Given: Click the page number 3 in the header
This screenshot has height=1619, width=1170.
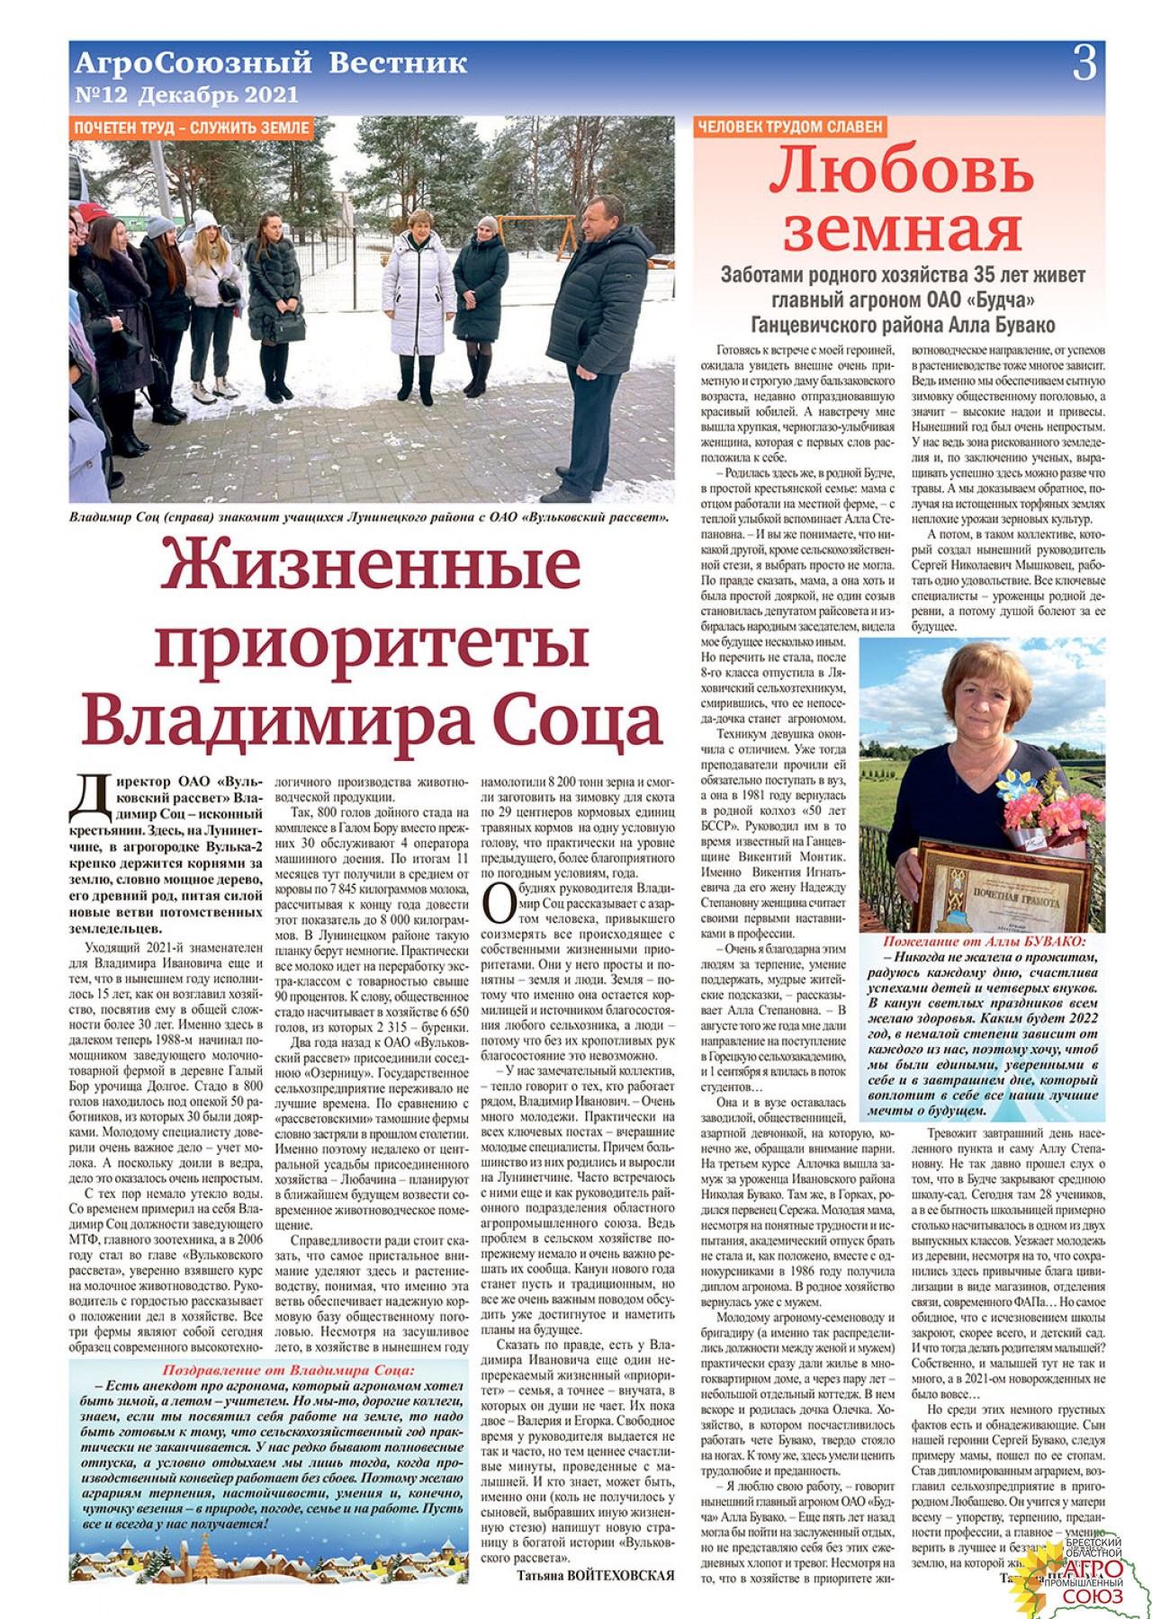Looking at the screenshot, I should click(x=1084, y=64).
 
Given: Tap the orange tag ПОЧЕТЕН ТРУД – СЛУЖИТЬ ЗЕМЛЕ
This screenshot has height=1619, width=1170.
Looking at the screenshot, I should click(x=192, y=128).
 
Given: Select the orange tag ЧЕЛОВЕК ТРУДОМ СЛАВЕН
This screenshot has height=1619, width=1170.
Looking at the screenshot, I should click(x=790, y=127).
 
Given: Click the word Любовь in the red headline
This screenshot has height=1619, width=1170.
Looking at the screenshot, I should click(x=901, y=170).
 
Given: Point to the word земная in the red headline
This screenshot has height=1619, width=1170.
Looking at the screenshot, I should click(x=902, y=229).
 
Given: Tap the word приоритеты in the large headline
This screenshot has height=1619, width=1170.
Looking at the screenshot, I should click(x=371, y=642).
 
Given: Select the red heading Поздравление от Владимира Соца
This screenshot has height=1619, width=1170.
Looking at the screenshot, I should click(x=288, y=1371).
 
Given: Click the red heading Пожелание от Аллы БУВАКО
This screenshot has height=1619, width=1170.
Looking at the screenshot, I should click(x=984, y=942).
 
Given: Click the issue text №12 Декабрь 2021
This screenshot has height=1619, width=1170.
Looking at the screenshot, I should click(x=186, y=94).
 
